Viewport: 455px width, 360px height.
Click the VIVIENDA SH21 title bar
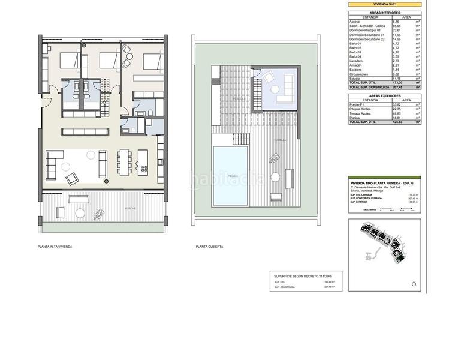pos(384,4)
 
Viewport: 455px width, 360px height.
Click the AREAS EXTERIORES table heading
pos(384,95)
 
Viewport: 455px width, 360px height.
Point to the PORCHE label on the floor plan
pos(130,208)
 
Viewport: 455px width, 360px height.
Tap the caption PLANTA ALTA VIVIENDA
pos(55,247)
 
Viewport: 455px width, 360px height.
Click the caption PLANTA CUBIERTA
pos(209,247)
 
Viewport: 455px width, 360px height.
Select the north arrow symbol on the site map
pos(414,283)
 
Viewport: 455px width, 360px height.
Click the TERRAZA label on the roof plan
pos(281,140)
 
